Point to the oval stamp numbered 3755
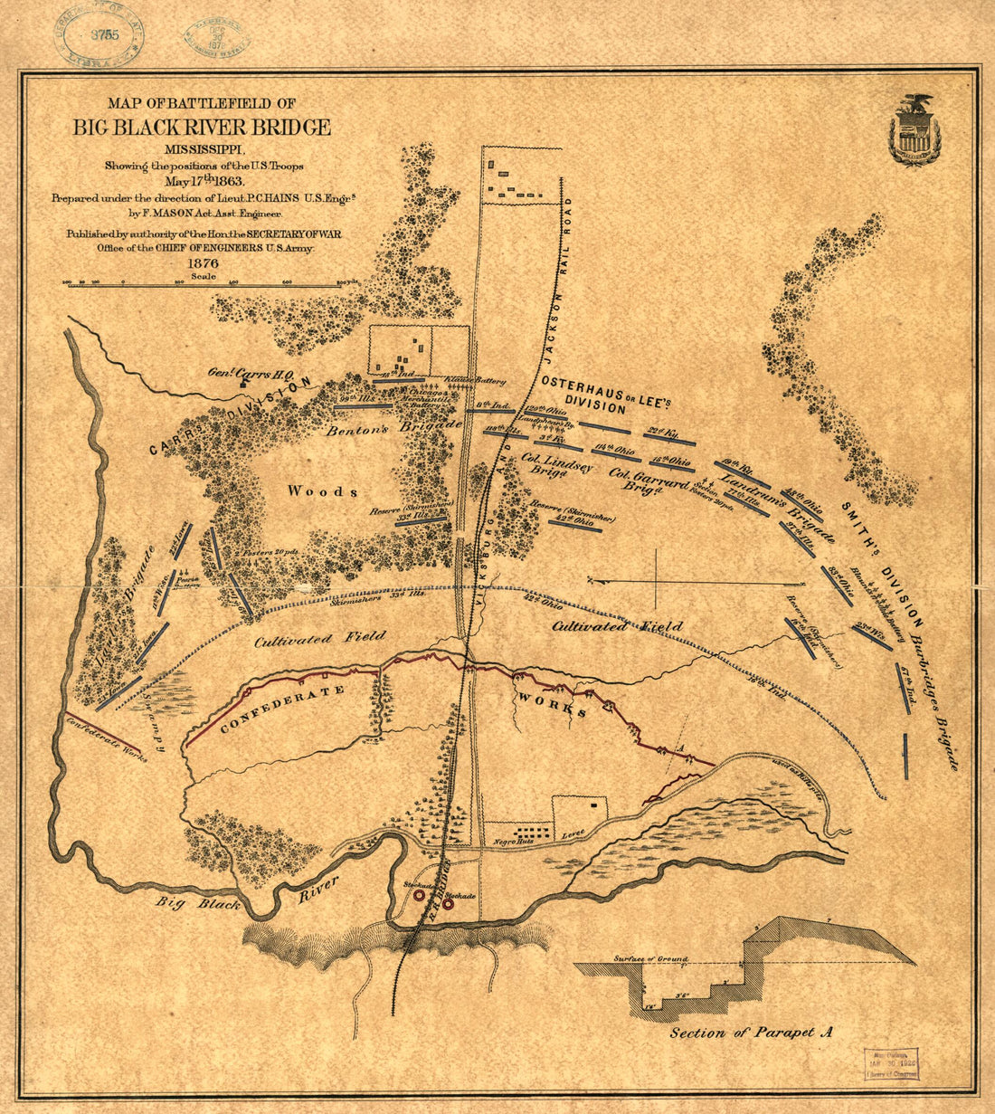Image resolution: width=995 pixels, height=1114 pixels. (x=101, y=35)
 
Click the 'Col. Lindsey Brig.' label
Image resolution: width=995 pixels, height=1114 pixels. (x=555, y=464)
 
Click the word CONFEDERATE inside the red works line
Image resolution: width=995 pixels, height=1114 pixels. (x=270, y=709)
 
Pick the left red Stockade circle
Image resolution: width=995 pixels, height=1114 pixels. (x=420, y=894)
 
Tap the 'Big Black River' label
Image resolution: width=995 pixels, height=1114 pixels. (x=244, y=896)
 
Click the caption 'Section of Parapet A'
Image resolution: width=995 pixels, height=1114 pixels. (x=750, y=1033)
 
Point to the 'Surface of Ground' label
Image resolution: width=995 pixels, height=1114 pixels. (x=649, y=958)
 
